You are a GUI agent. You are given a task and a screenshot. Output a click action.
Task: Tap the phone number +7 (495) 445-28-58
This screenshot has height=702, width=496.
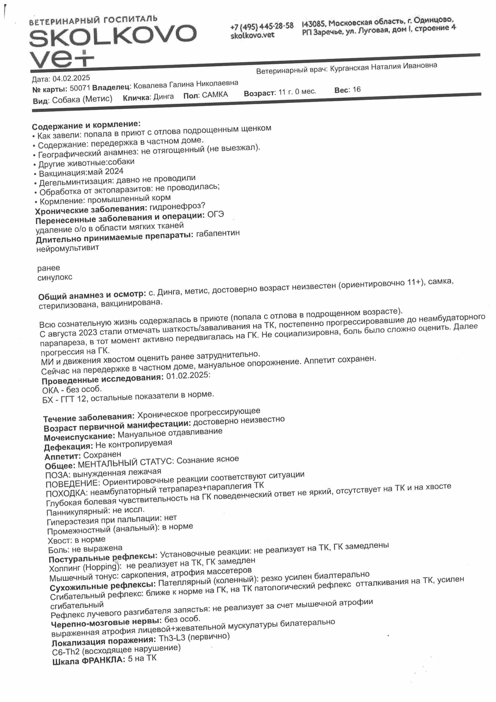pyautogui.click(x=262, y=26)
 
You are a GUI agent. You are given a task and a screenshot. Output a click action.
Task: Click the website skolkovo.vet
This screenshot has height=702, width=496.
pyautogui.click(x=252, y=35)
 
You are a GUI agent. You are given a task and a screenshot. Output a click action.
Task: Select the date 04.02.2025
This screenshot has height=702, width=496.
pyautogui.click(x=71, y=79)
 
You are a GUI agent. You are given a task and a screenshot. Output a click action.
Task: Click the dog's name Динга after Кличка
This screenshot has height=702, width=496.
pyautogui.click(x=163, y=97)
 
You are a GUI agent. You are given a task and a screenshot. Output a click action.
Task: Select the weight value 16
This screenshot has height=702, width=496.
pyautogui.click(x=356, y=90)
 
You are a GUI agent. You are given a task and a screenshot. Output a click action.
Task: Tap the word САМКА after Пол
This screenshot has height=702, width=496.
pyautogui.click(x=215, y=95)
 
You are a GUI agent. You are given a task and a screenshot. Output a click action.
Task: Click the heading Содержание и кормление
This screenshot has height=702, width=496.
pyautogui.click(x=86, y=125)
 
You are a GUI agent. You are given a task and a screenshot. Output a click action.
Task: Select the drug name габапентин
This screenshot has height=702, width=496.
pyautogui.click(x=218, y=234)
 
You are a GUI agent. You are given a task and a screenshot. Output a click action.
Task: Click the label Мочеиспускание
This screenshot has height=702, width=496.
pyautogui.click(x=79, y=437)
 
